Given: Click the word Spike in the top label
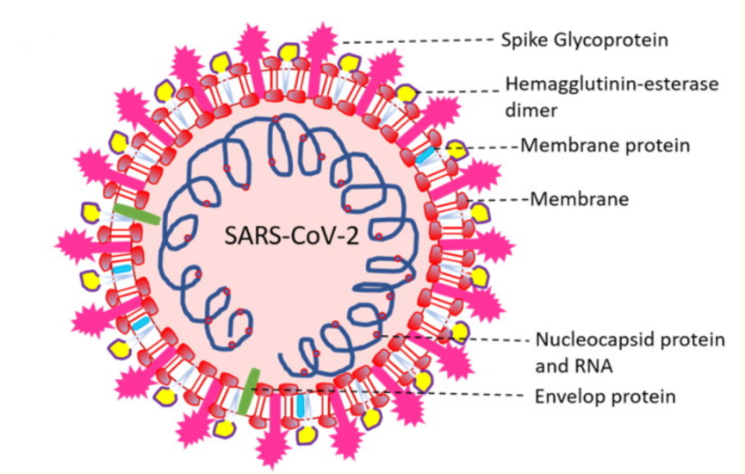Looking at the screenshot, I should coord(522,41).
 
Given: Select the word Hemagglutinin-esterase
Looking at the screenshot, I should coord(599,85).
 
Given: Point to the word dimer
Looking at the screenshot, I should coord(527,109).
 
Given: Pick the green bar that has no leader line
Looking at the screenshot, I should coord(135,213).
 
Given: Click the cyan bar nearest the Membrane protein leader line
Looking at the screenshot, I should coord(425,154).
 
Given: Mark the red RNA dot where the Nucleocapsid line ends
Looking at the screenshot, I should coord(376,333).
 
